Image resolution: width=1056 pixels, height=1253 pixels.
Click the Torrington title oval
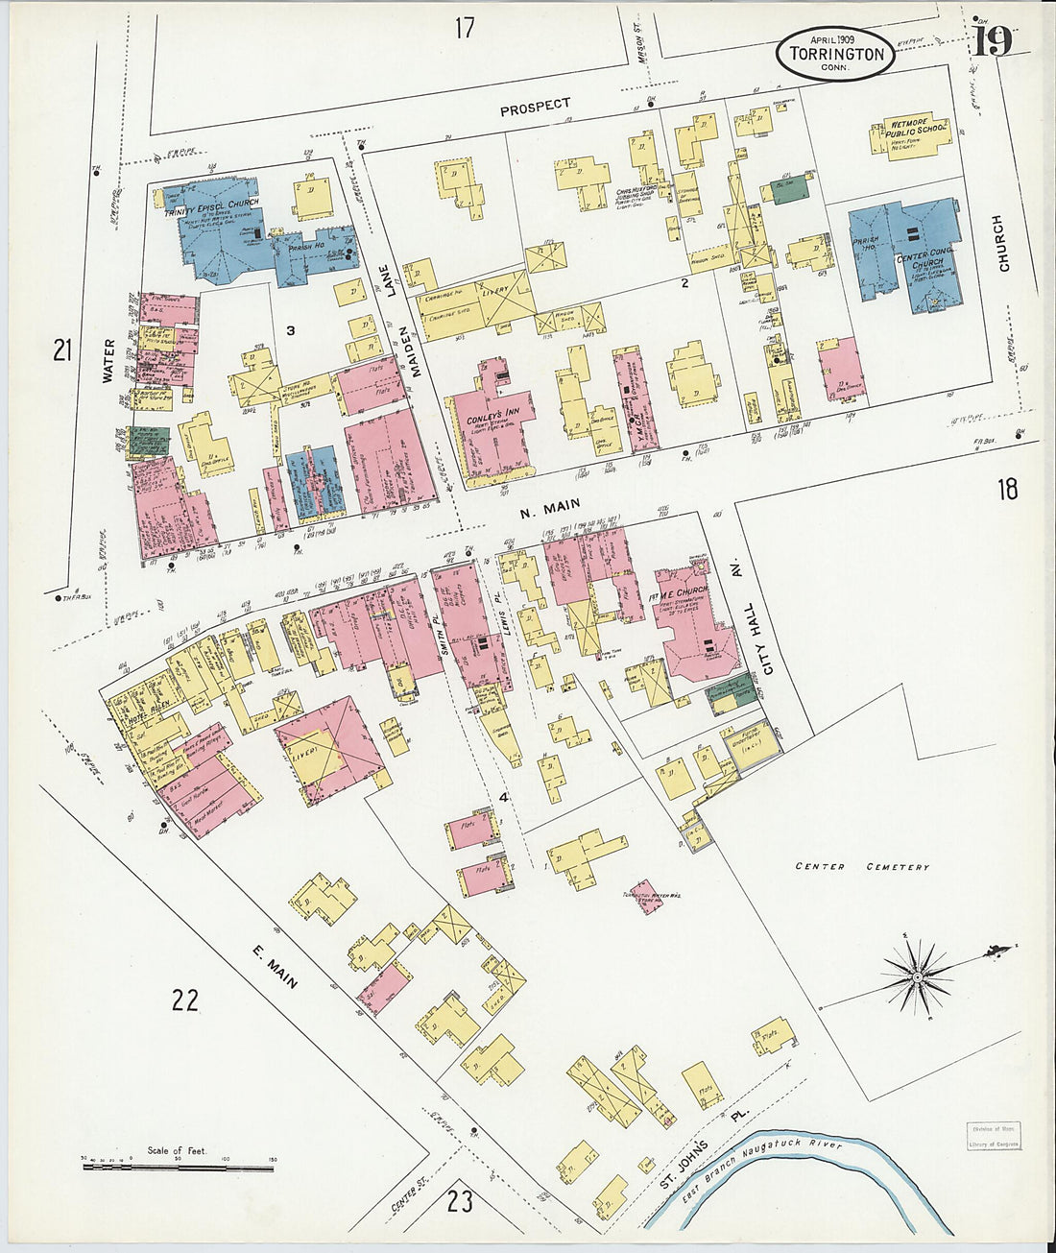(x=835, y=52)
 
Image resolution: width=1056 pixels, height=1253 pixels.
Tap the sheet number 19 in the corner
(x=995, y=41)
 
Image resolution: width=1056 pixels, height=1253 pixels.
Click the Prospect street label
(x=535, y=106)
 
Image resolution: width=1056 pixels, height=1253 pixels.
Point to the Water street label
(x=108, y=361)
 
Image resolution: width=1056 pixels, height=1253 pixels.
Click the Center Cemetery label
(x=862, y=867)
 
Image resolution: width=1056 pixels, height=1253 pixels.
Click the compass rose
(x=916, y=977)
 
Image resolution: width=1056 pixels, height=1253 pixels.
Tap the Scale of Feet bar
(x=178, y=1167)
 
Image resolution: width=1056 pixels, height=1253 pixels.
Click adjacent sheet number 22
(x=185, y=1001)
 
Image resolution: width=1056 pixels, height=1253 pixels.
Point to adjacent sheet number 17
(x=465, y=29)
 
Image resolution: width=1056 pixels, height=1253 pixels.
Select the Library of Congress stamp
(x=993, y=1135)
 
